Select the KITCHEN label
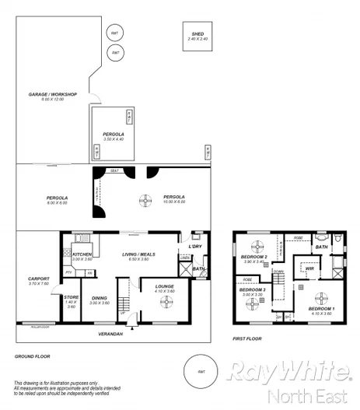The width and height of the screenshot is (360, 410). click(x=83, y=254)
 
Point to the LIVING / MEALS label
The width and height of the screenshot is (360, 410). click(x=139, y=254)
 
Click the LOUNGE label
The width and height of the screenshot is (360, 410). click(x=166, y=286)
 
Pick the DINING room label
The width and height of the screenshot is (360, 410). click(x=100, y=298)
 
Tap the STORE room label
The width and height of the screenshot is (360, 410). click(x=72, y=296)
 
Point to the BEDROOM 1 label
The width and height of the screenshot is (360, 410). click(x=321, y=309)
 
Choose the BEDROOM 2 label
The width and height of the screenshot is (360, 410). click(x=254, y=256)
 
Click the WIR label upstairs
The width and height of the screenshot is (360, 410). click(x=309, y=268)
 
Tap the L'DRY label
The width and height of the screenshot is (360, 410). click(x=194, y=247)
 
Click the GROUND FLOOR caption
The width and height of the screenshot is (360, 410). click(x=30, y=356)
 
